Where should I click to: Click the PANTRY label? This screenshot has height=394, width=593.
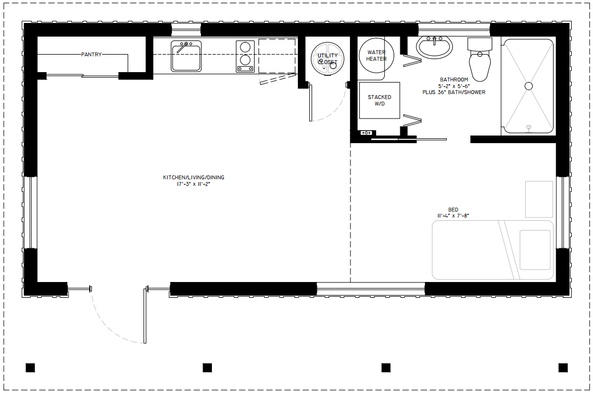91,54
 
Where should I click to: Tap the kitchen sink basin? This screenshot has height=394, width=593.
186,56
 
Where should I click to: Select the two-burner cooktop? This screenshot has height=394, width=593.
245,56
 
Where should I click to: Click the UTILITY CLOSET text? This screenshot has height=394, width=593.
327,59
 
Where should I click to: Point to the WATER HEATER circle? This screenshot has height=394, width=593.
376,56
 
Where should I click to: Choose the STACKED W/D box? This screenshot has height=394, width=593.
379,101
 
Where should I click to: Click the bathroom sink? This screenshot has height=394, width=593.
434,47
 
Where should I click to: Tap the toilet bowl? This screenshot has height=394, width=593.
480,66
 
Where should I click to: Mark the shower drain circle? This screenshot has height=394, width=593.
529,86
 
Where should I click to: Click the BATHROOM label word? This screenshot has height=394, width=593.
454,80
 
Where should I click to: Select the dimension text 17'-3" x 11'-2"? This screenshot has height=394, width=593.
193,184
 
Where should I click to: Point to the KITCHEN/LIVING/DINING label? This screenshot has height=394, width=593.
193,178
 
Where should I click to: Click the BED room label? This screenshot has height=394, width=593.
453,209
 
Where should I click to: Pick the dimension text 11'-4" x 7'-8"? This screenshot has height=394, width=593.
453,216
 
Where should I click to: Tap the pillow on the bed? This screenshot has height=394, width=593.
535,250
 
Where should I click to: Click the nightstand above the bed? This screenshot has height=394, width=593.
539,199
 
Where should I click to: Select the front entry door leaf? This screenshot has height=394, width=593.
145,315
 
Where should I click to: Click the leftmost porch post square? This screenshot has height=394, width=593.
30,368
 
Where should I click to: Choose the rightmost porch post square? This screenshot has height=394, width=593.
563,368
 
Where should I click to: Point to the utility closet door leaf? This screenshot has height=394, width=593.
310,103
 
